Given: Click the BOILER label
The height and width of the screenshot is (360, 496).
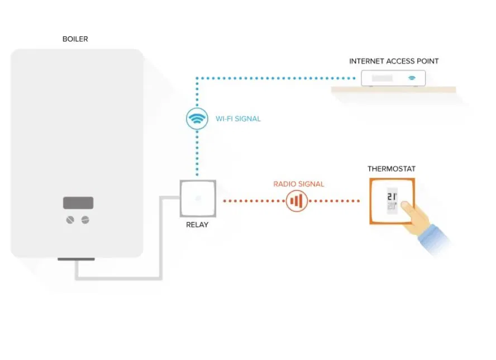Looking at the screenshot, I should (75, 39).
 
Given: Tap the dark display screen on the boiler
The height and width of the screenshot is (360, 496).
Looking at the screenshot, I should (78, 202).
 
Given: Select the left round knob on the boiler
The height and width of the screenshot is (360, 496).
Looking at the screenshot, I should (70, 220).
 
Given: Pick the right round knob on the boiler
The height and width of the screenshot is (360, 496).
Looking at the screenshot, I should (85, 220).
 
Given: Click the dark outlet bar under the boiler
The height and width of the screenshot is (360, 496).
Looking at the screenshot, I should (76, 259).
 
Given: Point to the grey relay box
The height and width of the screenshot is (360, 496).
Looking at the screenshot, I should (197, 198).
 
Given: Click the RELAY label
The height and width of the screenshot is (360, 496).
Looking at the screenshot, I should (197, 225).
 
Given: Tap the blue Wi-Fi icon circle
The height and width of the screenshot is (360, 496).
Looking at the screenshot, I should (197, 119).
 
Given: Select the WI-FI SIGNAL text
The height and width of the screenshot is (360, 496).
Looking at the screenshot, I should (238, 119).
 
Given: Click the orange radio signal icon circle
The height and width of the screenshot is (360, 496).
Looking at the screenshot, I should (297, 201).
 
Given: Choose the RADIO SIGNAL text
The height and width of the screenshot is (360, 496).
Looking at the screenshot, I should (298, 184).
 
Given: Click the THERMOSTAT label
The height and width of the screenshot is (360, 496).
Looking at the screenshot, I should (391, 169).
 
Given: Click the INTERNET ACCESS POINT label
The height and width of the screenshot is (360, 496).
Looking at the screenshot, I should (394, 61).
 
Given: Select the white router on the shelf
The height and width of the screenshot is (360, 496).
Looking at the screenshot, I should (393, 78).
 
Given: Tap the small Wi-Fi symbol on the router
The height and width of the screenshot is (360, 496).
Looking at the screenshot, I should (412, 78).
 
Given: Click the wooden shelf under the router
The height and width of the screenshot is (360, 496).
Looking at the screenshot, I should (393, 89).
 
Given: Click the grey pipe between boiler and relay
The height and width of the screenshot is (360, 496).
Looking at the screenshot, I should (162, 240).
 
